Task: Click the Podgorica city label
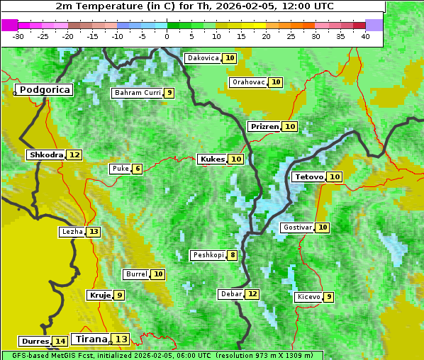(45, 90)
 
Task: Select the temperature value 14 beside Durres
(60, 342)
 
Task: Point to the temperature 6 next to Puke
(137, 169)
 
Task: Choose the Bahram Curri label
(138, 93)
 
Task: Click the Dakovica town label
(203, 58)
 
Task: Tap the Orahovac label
(248, 82)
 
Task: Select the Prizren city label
(264, 126)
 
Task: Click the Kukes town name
(212, 159)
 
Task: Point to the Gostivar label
(296, 227)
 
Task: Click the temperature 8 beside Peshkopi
(233, 255)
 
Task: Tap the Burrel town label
(135, 274)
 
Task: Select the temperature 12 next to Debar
(252, 294)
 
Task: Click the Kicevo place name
(308, 297)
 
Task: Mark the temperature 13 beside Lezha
(94, 232)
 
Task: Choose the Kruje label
(99, 295)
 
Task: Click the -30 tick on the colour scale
(18, 36)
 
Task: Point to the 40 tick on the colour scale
(365, 36)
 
